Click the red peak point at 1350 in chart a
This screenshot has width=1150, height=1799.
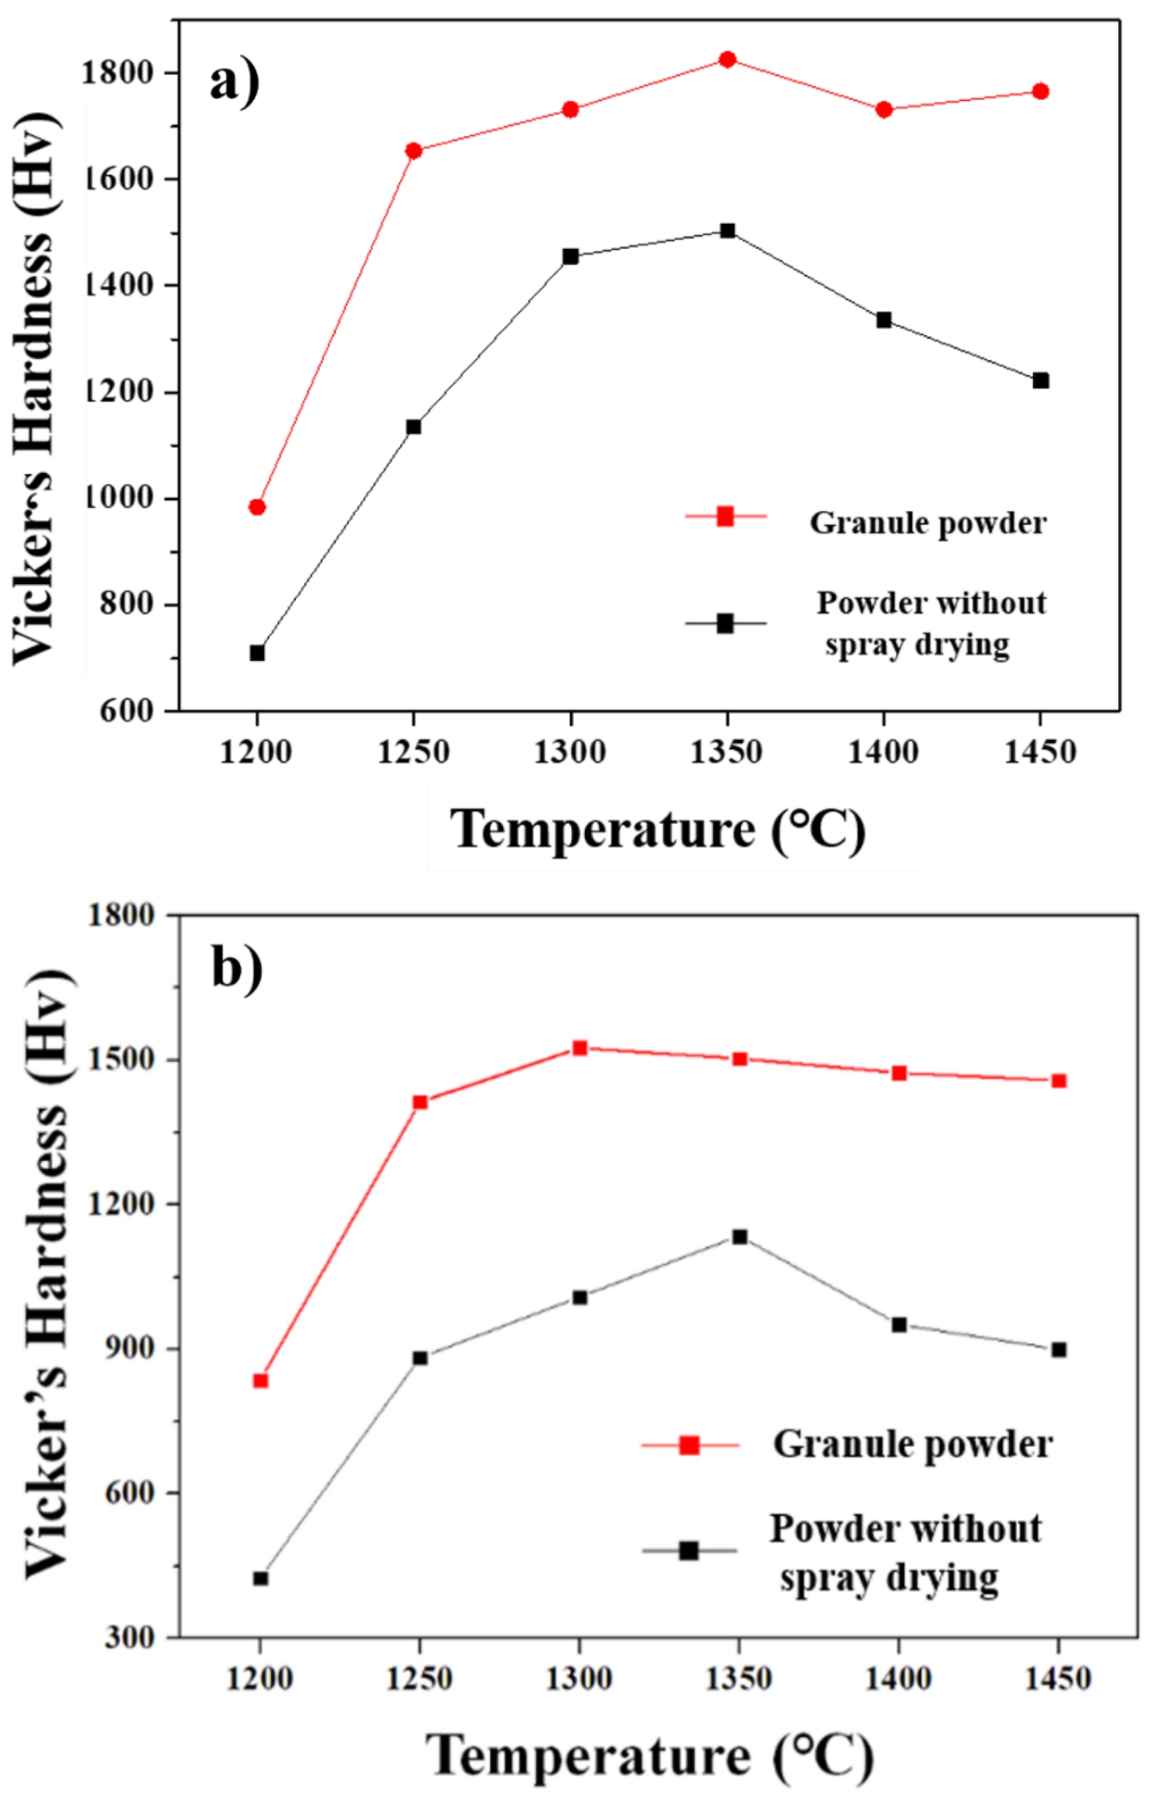pyautogui.click(x=727, y=60)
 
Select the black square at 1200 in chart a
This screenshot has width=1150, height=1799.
pyautogui.click(x=257, y=653)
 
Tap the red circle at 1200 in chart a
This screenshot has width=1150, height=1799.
pyautogui.click(x=257, y=507)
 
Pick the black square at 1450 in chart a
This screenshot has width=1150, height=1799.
pyautogui.click(x=1041, y=380)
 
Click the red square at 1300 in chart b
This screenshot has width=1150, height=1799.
pyautogui.click(x=580, y=1048)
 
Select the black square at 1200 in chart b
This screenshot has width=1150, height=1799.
pyautogui.click(x=260, y=1579)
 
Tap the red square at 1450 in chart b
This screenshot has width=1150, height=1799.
pyautogui.click(x=1059, y=1081)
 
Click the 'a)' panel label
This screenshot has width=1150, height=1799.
pyautogui.click(x=234, y=82)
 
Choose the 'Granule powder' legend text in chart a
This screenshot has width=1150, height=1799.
pyautogui.click(x=928, y=523)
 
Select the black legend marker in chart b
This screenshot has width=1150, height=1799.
pyautogui.click(x=689, y=1550)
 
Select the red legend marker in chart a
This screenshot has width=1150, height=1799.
pyautogui.click(x=725, y=516)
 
